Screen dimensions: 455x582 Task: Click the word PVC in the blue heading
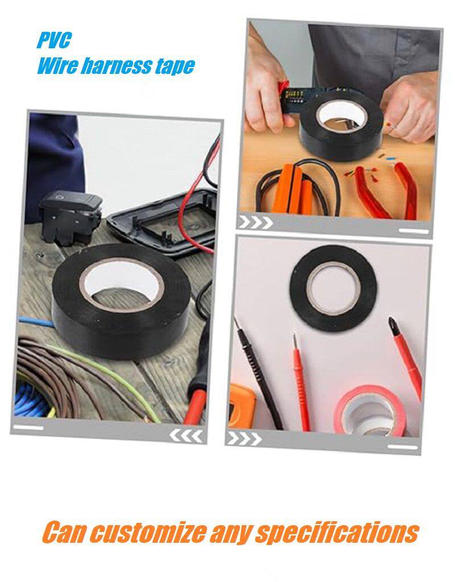(x=54, y=40)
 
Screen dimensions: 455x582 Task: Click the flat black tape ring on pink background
(x=333, y=288)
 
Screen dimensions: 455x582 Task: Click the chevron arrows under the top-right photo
(x=255, y=222)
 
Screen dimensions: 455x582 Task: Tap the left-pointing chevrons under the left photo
(x=186, y=436)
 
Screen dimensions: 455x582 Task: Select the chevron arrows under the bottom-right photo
(x=244, y=438)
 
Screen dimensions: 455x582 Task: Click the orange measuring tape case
(x=241, y=407)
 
